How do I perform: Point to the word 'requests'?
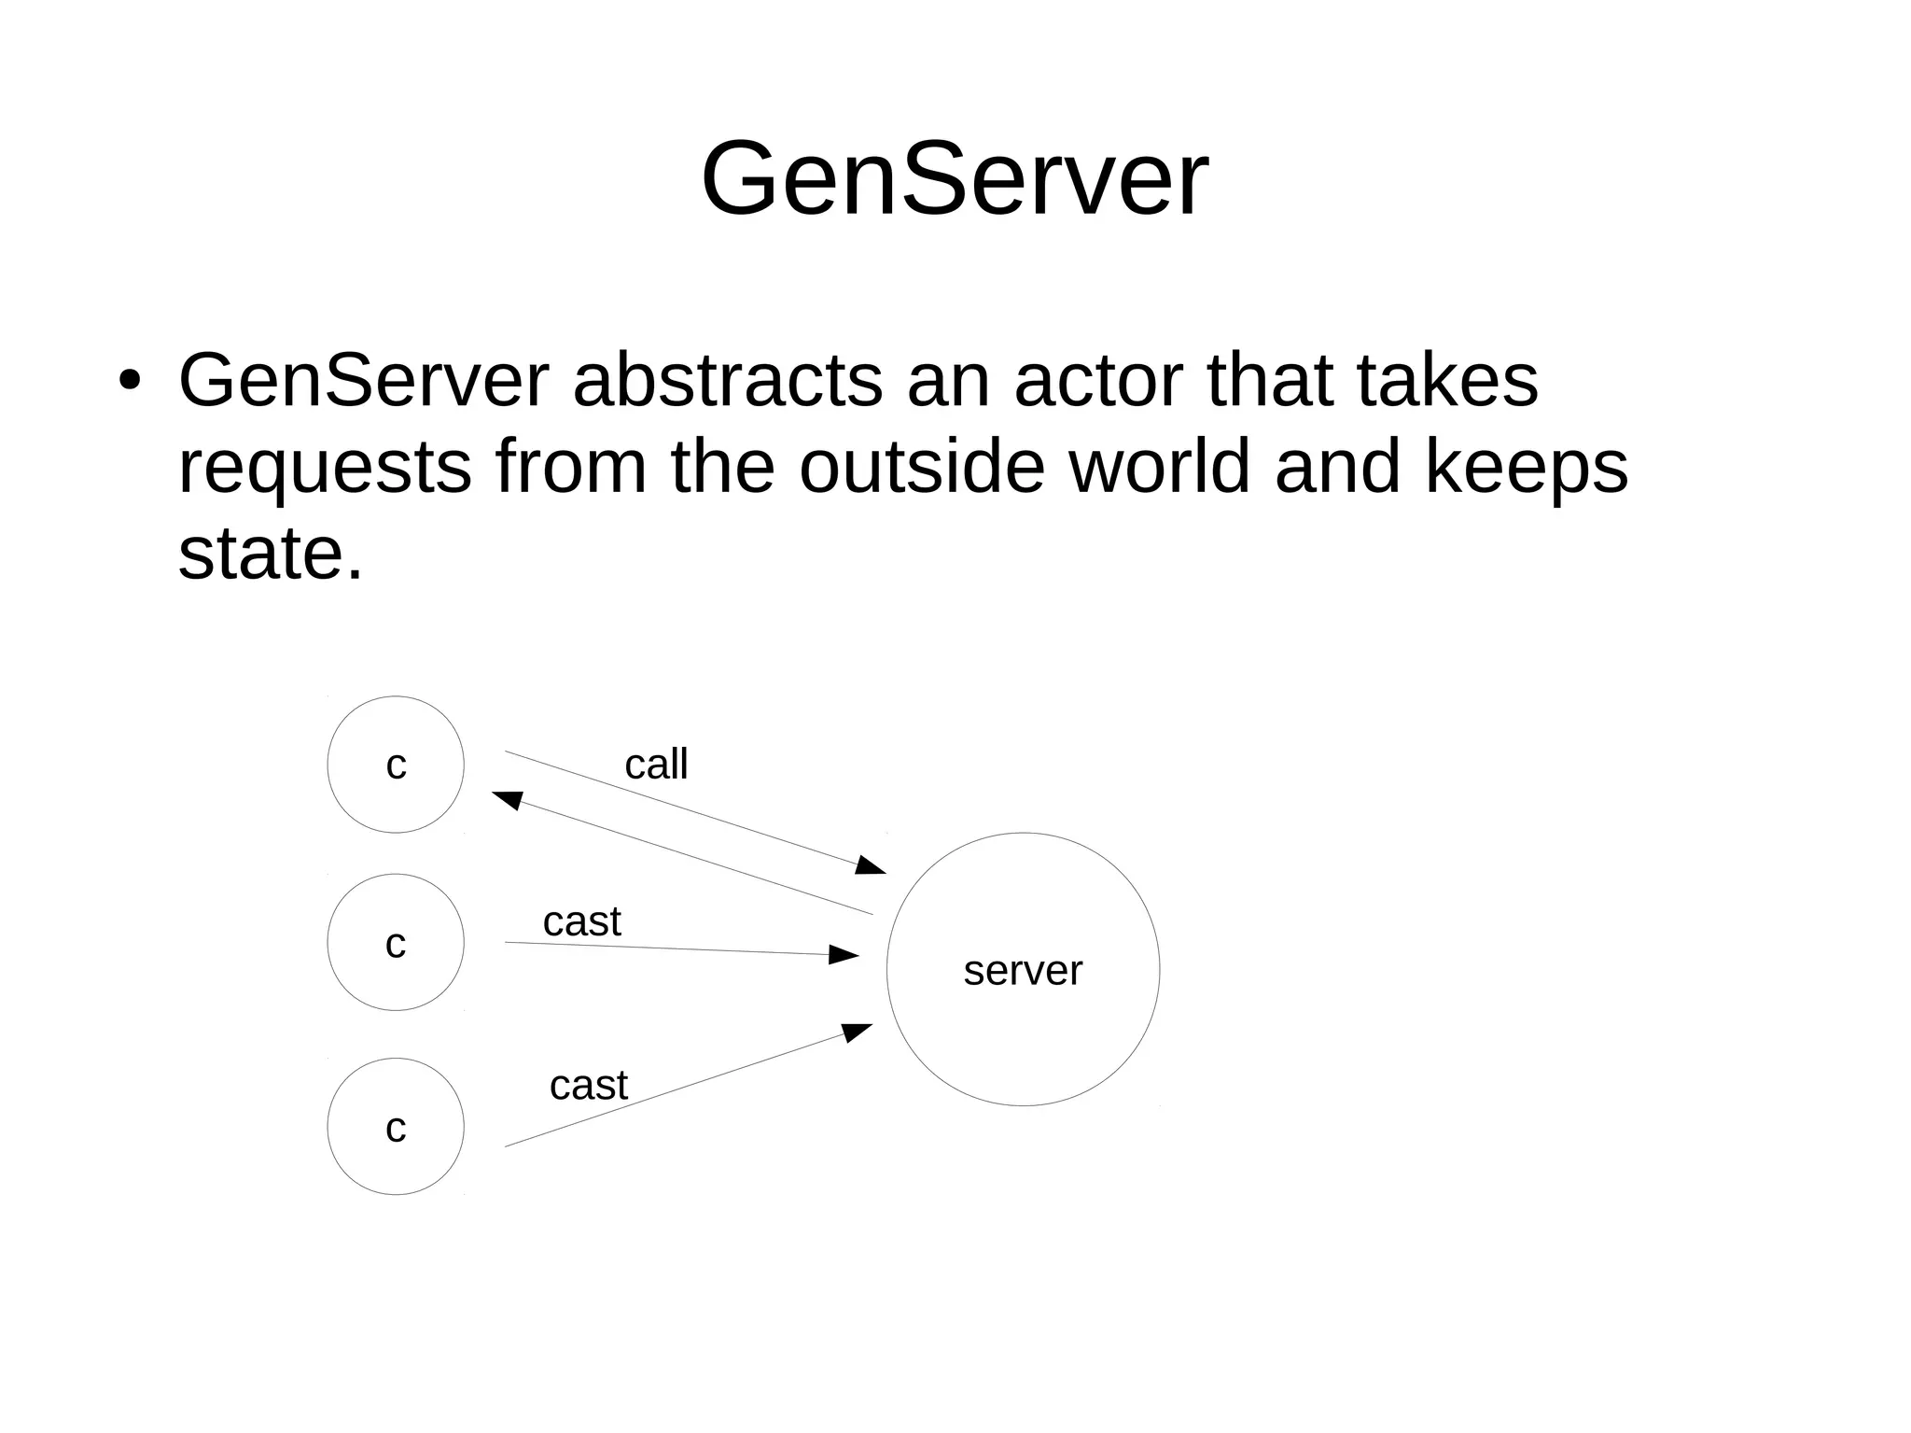(x=324, y=469)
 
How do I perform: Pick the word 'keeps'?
(x=1526, y=469)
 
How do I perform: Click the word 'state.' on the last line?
(x=270, y=554)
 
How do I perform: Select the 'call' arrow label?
(x=656, y=765)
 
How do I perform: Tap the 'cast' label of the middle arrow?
(x=581, y=922)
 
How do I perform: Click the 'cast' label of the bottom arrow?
(x=588, y=1086)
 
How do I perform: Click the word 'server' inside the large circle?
(x=1023, y=971)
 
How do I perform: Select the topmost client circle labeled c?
(x=396, y=765)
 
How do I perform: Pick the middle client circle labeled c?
(x=396, y=943)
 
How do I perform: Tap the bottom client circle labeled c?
(x=396, y=1127)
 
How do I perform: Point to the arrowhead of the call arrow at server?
(x=871, y=865)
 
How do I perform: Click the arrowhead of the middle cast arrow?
(x=844, y=954)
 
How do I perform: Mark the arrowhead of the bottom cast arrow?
(x=857, y=1032)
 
